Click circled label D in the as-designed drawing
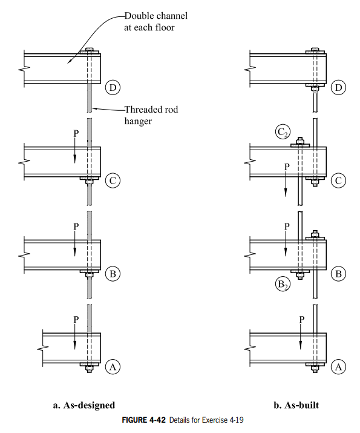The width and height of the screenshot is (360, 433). [x=112, y=87]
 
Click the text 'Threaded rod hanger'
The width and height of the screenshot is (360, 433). [x=151, y=114]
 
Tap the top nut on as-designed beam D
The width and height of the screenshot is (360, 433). [x=90, y=50]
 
